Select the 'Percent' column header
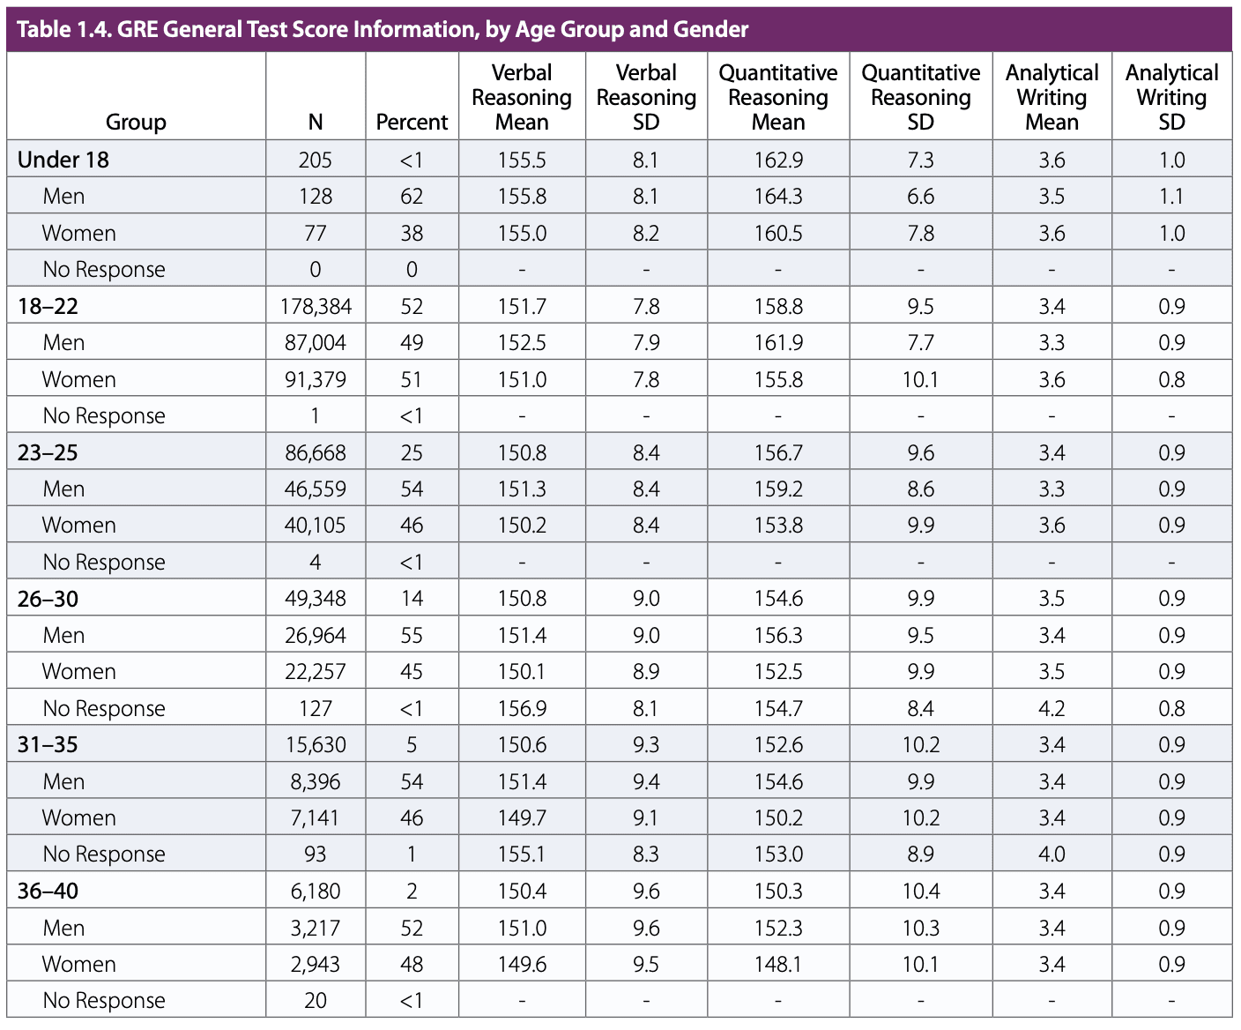(412, 122)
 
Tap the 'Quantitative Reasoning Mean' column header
(777, 97)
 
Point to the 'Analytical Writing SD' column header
(1170, 97)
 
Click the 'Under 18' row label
(63, 160)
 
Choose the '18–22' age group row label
(48, 306)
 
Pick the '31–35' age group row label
(48, 744)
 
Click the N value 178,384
(316, 306)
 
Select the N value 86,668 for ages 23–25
(316, 452)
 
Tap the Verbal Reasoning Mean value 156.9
(522, 708)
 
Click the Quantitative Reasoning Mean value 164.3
(777, 196)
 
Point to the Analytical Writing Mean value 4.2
(1052, 708)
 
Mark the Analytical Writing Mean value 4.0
(1052, 854)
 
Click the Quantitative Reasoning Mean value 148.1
(777, 964)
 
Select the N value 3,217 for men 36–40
(316, 928)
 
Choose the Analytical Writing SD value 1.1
(1170, 196)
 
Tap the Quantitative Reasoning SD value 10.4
(920, 891)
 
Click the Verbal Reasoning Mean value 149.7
(522, 817)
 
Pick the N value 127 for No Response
(316, 708)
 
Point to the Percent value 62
(412, 196)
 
